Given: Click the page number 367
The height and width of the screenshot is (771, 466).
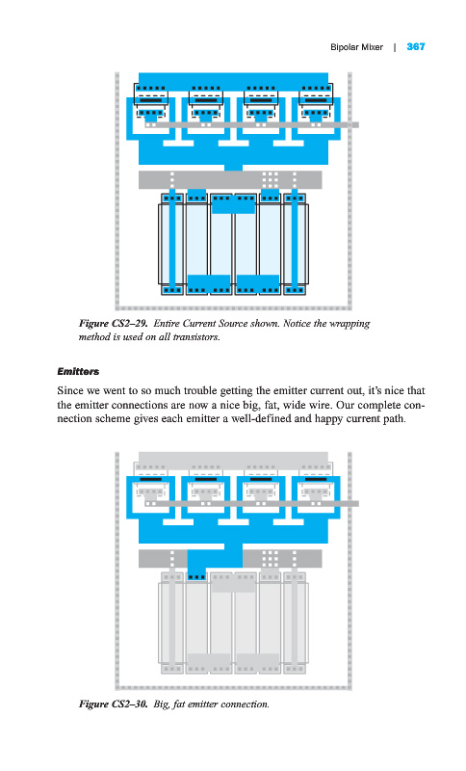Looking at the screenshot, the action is (x=415, y=46).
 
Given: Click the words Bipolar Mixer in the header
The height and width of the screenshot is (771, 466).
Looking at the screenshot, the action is (x=356, y=47).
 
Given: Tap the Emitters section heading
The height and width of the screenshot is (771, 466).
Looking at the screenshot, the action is (x=78, y=371).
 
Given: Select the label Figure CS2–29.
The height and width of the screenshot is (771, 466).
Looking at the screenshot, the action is (x=114, y=324).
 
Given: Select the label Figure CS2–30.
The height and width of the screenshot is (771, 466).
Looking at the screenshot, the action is (x=114, y=705).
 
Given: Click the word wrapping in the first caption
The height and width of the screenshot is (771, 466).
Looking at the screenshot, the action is (x=349, y=324).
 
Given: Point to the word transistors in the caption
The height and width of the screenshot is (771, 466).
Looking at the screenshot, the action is (x=195, y=337).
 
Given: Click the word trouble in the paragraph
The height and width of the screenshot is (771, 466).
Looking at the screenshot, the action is (x=200, y=391).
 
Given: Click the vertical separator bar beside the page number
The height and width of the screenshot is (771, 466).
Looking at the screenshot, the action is (x=395, y=47).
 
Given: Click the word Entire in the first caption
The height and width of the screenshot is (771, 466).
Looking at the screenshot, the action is (x=167, y=324).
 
